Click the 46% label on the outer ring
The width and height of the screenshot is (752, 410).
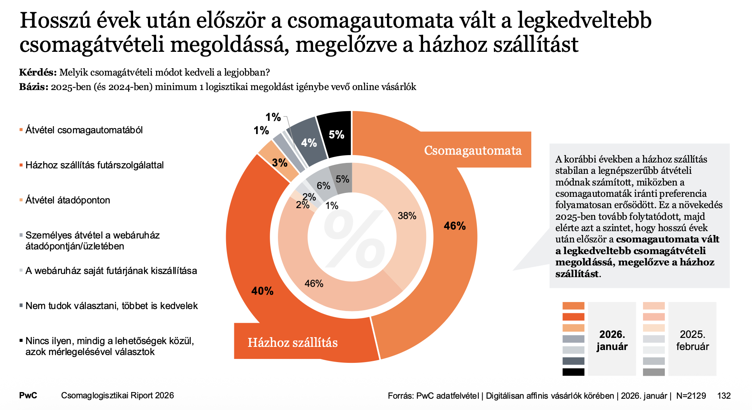(x=455, y=226)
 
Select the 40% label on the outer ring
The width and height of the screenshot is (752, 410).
(x=262, y=291)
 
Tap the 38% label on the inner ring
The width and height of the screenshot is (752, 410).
(x=407, y=216)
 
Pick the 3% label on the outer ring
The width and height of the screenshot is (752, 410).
(x=279, y=163)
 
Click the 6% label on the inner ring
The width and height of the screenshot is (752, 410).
(x=323, y=186)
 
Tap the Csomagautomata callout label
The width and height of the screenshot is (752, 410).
(x=473, y=150)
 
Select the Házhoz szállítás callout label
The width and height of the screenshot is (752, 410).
(x=293, y=342)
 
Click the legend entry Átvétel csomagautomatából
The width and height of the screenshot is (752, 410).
(x=84, y=130)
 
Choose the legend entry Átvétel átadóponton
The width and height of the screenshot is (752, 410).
(x=67, y=200)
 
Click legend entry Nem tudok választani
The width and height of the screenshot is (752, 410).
(x=111, y=306)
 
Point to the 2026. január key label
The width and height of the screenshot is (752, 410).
(x=612, y=340)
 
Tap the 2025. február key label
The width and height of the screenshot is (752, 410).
(x=692, y=340)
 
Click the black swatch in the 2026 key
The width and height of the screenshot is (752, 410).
(x=573, y=372)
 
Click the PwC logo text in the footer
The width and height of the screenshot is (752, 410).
(x=28, y=395)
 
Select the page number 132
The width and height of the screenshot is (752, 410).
(x=724, y=396)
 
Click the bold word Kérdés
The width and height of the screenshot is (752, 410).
(x=38, y=72)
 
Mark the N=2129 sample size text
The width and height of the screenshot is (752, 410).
(x=691, y=396)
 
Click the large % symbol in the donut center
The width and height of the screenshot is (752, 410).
(x=353, y=238)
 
